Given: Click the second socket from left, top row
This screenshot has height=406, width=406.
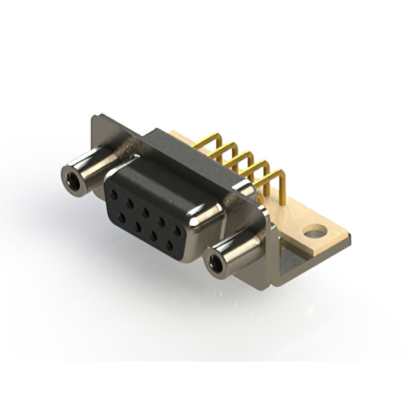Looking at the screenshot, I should click(132, 202).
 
